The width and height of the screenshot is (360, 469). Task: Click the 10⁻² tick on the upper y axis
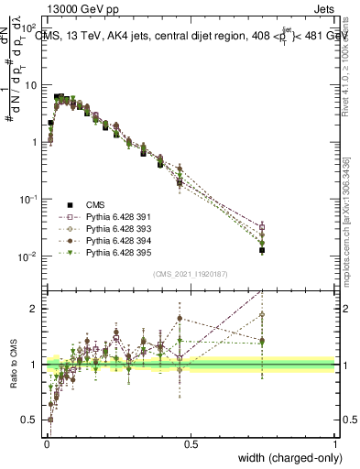click(x=28, y=256)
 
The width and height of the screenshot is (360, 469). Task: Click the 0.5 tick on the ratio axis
click(x=31, y=421)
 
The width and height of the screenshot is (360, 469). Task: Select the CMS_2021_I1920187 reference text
click(x=190, y=274)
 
